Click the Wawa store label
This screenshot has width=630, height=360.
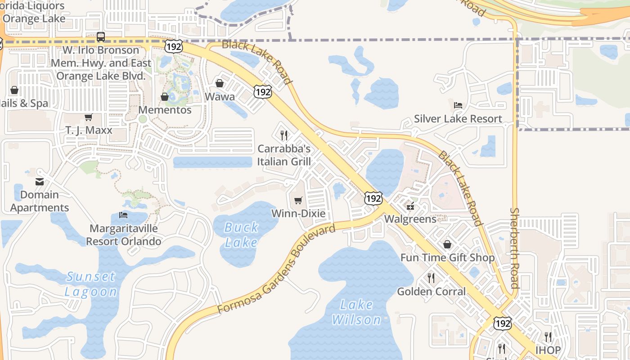coord(220,97)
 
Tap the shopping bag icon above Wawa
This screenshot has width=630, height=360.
coord(220,83)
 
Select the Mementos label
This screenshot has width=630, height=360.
coord(165,110)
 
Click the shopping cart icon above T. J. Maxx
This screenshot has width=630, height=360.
coord(88,117)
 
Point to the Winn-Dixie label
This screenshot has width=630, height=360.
coord(298,213)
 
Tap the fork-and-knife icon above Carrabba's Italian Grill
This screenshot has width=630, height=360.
coord(284,135)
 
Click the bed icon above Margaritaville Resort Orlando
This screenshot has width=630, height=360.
coord(123,215)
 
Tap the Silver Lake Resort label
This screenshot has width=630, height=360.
coord(458,119)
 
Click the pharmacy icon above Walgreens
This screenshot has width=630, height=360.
coord(410,207)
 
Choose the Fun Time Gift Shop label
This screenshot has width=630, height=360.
coord(447,258)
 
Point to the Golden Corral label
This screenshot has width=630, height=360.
coord(431,292)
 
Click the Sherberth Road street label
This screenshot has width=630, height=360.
coord(514,248)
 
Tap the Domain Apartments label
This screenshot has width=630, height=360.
coord(40,201)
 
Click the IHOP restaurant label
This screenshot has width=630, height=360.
coord(548,350)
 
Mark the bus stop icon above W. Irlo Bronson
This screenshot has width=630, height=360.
coord(101,37)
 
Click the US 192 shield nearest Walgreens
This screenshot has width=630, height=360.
coord(373,198)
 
